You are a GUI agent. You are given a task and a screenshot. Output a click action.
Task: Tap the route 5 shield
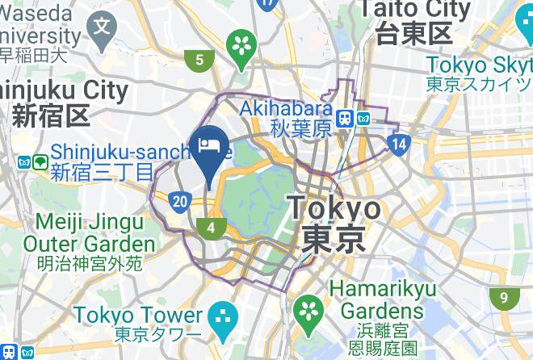tap(199, 59)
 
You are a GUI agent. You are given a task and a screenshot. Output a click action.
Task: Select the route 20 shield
tap(182, 201)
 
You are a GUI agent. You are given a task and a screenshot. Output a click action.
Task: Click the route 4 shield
tap(212, 228)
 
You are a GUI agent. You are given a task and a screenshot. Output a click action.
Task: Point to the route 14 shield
tap(397, 145)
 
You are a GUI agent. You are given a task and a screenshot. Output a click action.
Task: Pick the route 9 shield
tap(504, 299)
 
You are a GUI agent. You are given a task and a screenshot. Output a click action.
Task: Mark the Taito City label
tap(414, 21)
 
